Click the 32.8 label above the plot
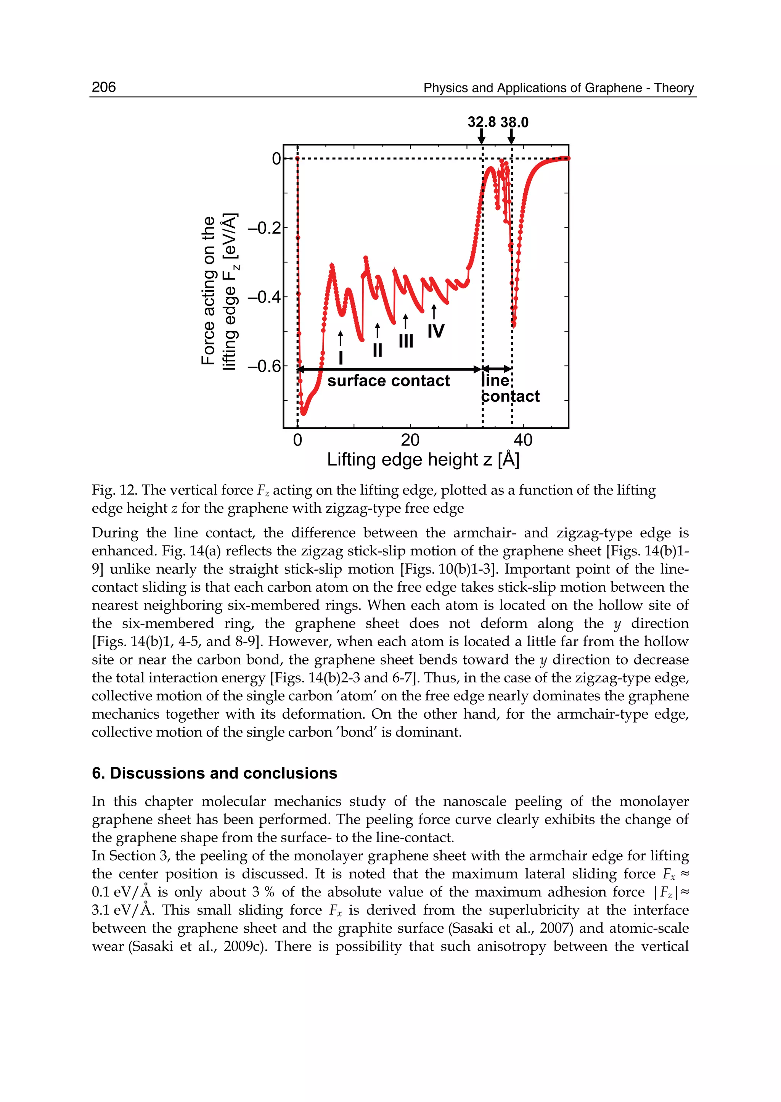click(x=481, y=122)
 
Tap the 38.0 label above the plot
click(x=514, y=122)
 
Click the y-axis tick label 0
click(x=276, y=159)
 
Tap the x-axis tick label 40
click(x=523, y=440)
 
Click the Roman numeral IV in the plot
click(x=436, y=331)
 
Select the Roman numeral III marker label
click(x=406, y=341)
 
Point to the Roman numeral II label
click(x=378, y=350)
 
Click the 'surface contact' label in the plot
click(x=388, y=381)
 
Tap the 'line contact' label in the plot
click(x=510, y=389)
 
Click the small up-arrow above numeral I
click(x=341, y=338)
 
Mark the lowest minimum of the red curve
click(x=304, y=413)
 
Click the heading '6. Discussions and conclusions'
click(x=214, y=773)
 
